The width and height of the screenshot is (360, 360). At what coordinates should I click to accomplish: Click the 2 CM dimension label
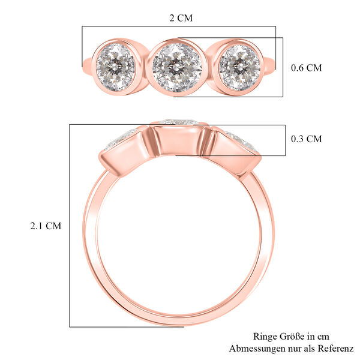point(181,18)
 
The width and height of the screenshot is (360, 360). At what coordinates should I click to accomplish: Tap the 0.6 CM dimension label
point(306,68)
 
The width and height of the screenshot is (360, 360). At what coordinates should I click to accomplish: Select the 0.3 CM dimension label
point(306,139)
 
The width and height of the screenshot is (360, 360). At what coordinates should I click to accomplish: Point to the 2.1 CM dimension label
point(46,226)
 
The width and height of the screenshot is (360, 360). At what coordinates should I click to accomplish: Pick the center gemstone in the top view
point(176,65)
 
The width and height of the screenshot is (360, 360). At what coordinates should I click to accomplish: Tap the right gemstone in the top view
point(239,65)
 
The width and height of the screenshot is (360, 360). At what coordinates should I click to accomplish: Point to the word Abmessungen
point(258,349)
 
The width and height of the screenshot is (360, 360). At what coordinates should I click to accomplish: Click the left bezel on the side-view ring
point(125,150)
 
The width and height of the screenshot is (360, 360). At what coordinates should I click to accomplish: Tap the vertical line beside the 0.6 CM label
point(283,67)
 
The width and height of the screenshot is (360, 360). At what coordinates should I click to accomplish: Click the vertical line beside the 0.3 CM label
point(284,140)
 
